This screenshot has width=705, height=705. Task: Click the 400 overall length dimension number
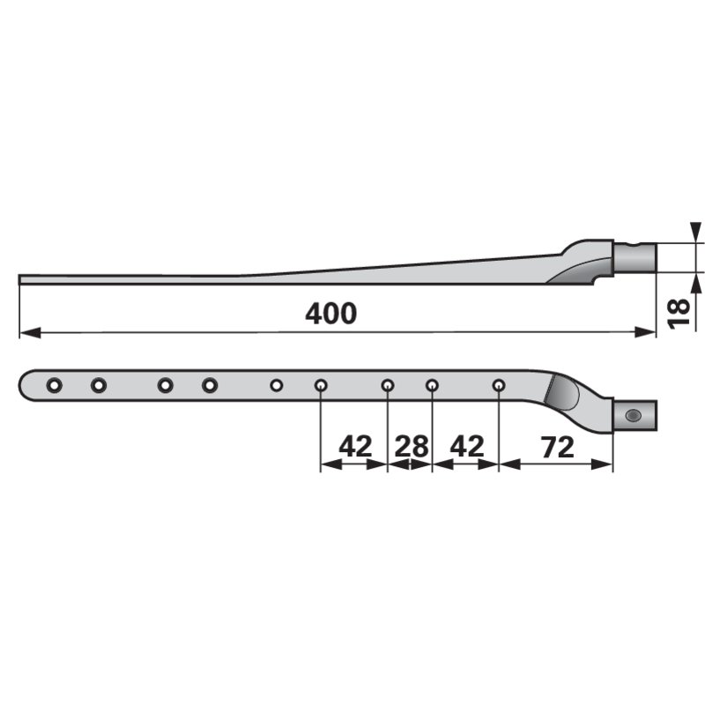coord(331,313)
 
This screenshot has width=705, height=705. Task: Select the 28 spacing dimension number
coord(410,446)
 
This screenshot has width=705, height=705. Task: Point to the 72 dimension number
coord(555,446)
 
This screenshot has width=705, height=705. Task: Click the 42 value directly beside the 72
coord(466,446)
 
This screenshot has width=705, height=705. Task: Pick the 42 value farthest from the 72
coord(354,446)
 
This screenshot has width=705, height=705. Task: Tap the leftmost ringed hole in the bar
coord(55,385)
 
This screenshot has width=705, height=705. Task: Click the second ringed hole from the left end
coord(99,385)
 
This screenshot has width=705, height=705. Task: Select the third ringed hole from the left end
coord(165,385)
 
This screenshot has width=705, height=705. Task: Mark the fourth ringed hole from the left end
coord(209,385)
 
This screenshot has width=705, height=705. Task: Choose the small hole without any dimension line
coord(276,385)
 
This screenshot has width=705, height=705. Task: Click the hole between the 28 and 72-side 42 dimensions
coord(432,385)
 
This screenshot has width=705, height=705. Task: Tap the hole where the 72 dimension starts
coord(499,385)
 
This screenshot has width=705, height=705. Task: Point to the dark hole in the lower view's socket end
coord(631,414)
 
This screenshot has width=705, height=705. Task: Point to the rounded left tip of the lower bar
coord(24,385)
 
